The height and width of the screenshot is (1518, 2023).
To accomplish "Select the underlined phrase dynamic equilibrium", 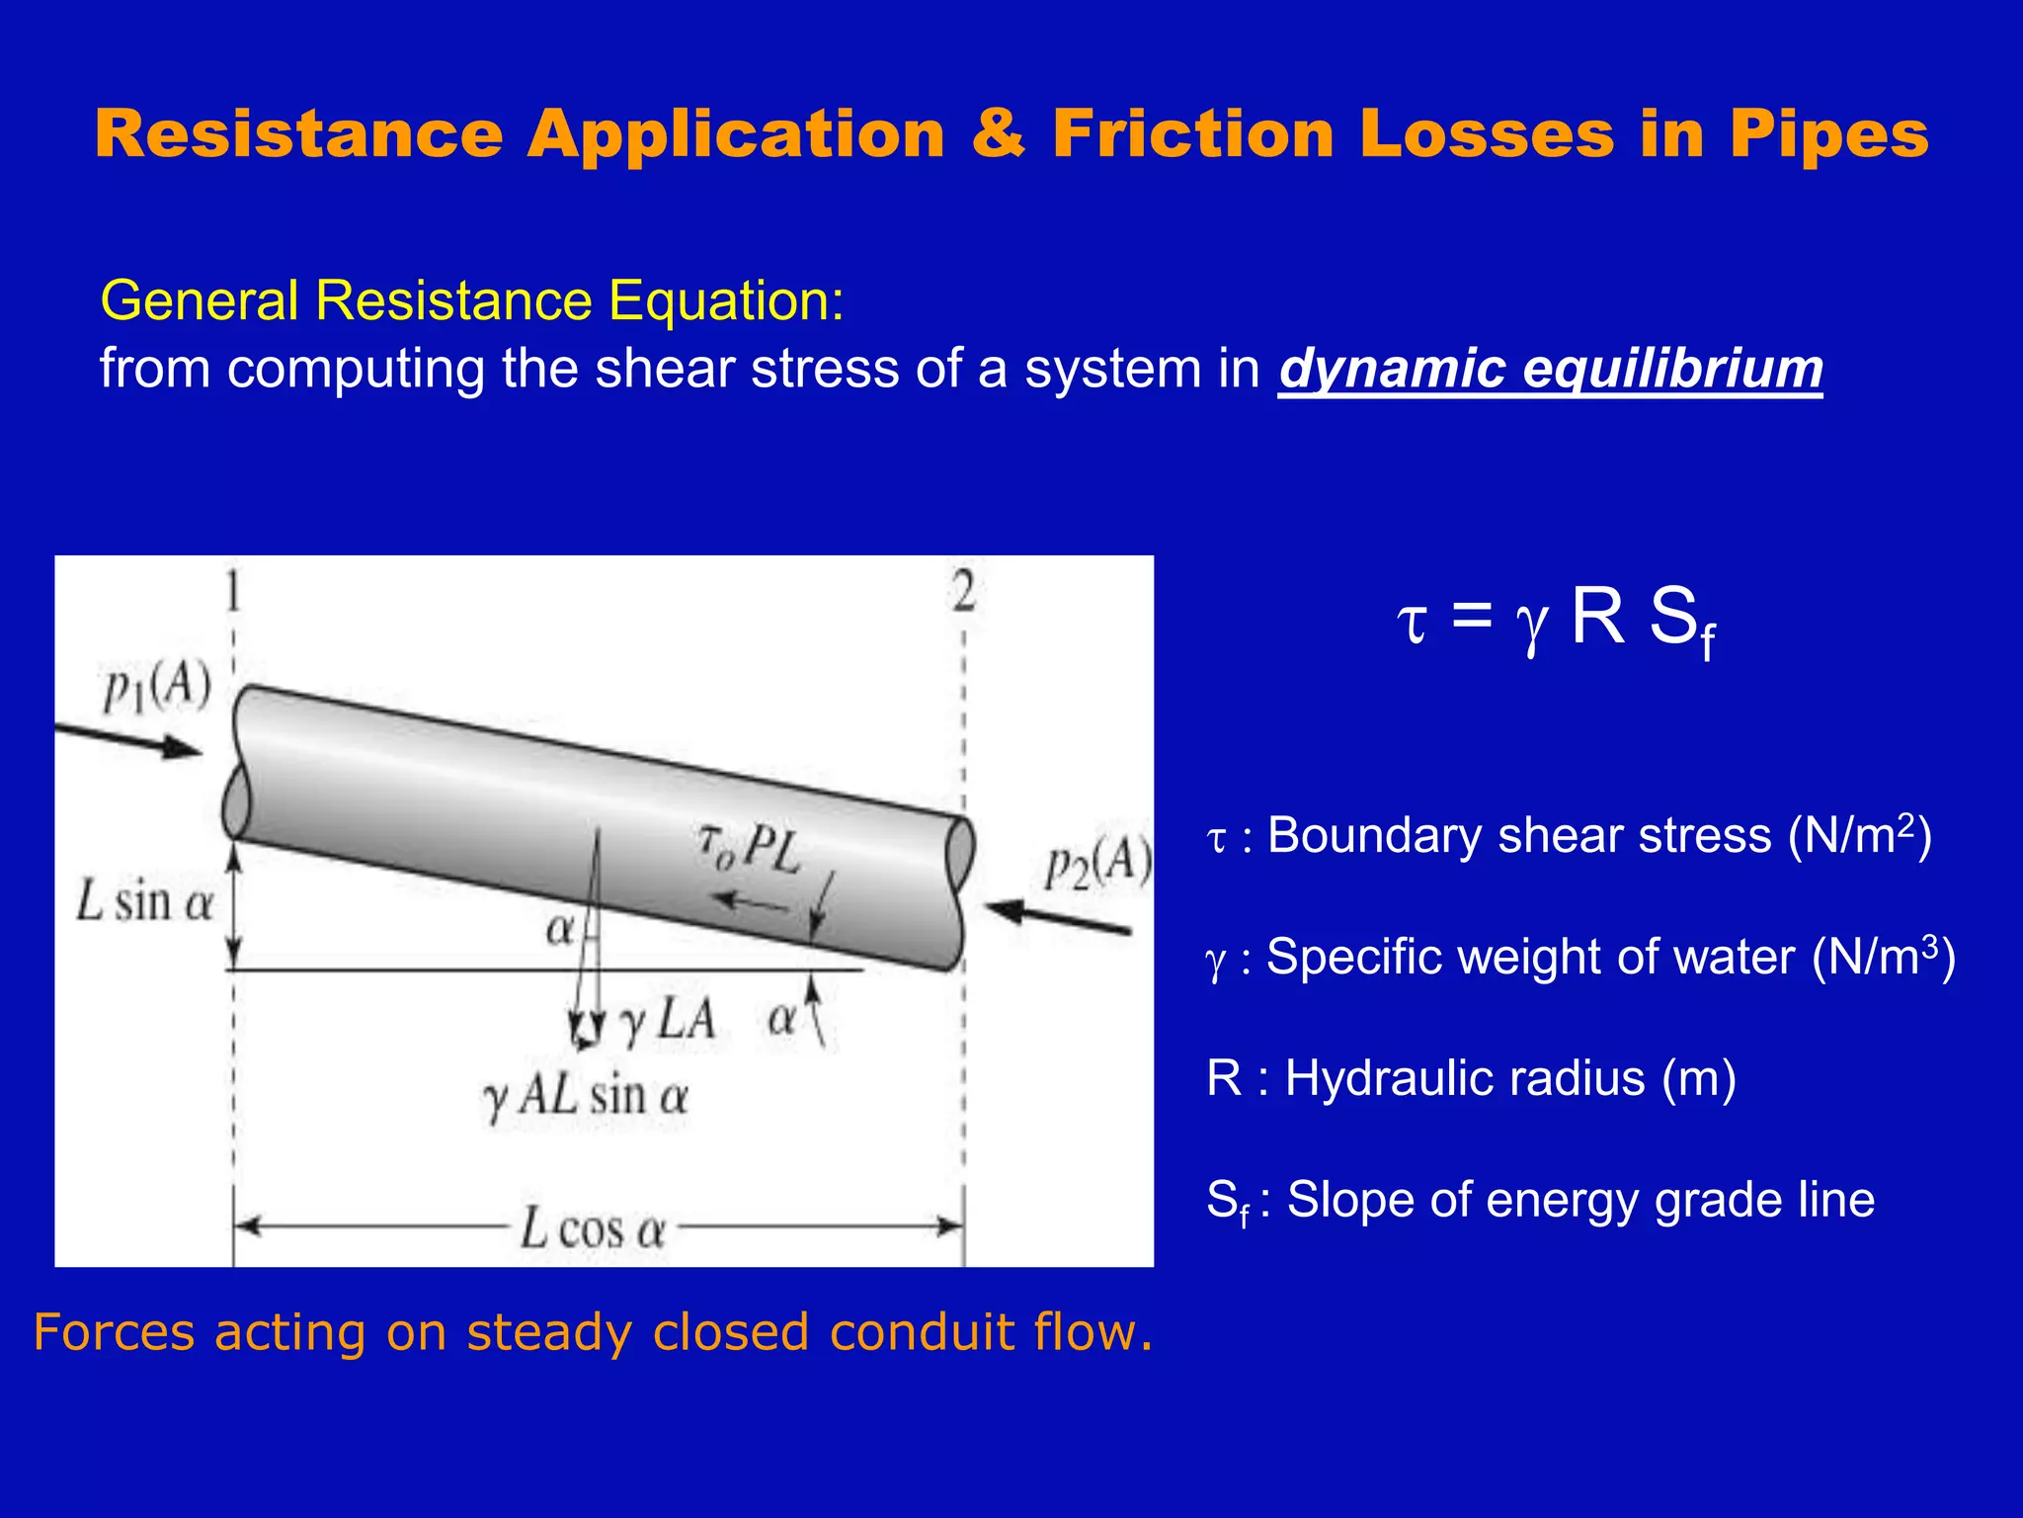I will click(x=1550, y=370).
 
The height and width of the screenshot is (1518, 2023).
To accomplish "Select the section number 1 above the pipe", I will click(x=232, y=593).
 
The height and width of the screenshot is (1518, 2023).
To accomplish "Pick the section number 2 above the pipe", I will click(x=963, y=593).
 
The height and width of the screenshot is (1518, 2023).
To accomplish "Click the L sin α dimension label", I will click(x=145, y=902).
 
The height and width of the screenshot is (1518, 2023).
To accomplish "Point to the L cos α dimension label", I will click(x=593, y=1229).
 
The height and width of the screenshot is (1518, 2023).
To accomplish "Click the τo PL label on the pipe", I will click(x=748, y=848).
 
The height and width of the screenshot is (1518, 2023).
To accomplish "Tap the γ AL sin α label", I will click(x=585, y=1096).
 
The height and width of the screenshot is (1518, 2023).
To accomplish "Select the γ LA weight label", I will click(x=668, y=1019).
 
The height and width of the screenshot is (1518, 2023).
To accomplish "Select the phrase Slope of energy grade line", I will click(x=1579, y=1200).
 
